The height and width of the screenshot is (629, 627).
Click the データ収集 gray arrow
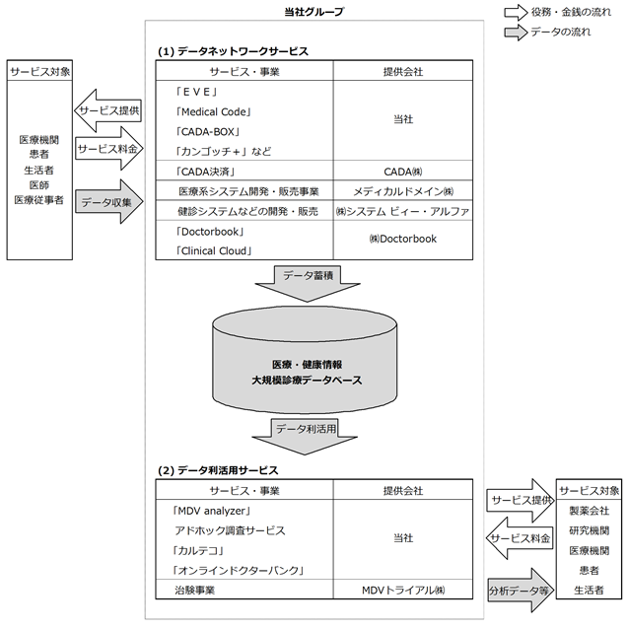coord(109,202)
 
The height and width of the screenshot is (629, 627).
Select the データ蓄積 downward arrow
coord(308,283)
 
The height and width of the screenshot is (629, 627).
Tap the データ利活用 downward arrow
coord(305,437)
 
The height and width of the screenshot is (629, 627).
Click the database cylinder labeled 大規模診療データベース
coord(305,360)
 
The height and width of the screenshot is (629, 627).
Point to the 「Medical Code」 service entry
coord(213,112)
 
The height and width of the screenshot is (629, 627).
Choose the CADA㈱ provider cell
coord(403,172)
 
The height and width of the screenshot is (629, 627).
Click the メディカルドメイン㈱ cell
coord(403,191)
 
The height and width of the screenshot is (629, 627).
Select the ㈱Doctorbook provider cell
coord(403,239)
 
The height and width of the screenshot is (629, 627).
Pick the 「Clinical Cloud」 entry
coord(213,251)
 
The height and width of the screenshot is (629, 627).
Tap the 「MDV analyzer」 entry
coord(211,511)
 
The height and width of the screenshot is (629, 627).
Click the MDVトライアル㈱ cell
coord(403,591)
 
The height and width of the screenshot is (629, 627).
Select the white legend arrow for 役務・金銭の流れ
coord(516,12)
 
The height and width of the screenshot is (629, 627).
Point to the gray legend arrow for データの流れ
coord(516,33)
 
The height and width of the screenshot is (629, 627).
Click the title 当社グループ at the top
coord(314,12)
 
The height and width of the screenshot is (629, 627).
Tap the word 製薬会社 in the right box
coord(589,511)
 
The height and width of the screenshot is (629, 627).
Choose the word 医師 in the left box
coord(38,185)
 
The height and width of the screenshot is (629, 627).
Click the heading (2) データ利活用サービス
coord(218,470)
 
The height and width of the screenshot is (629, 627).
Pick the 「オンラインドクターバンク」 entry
coord(238,571)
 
